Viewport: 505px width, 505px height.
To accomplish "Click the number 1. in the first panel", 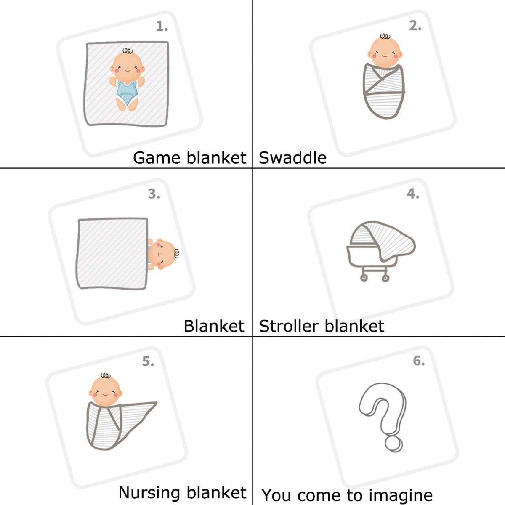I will click(162, 27).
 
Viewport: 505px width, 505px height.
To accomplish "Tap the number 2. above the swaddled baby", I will click(415, 26).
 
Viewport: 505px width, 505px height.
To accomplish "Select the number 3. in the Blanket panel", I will click(154, 194).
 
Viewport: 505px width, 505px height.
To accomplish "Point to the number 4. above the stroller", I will click(413, 194).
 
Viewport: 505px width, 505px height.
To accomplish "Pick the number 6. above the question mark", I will click(419, 361).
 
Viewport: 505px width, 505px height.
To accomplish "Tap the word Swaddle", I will click(292, 158).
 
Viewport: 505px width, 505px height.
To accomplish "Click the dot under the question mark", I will click(393, 444).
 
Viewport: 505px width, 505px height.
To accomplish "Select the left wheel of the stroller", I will click(363, 277).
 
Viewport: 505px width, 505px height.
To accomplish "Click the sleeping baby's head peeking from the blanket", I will click(162, 254).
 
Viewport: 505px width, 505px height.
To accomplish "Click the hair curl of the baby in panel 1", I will click(128, 51).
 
